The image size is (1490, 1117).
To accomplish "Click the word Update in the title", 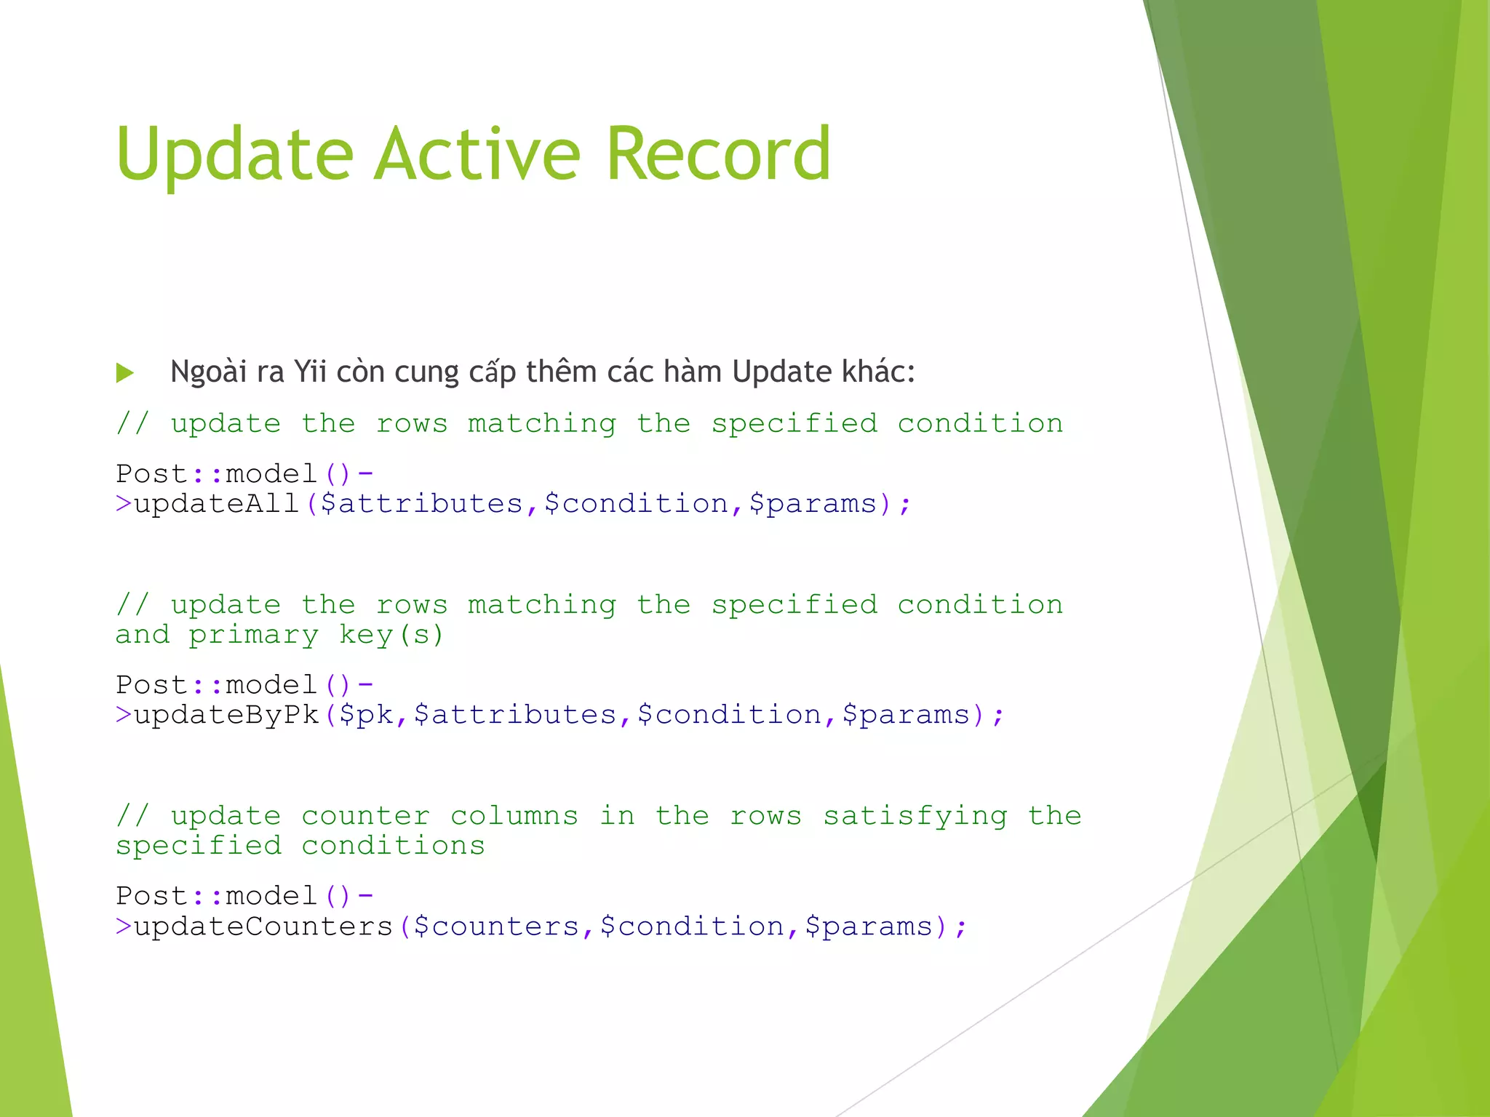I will click(x=234, y=154).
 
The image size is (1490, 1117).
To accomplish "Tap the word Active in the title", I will click(x=477, y=154).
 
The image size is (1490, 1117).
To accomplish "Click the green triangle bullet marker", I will click(x=125, y=373).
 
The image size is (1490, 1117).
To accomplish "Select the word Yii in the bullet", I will click(x=310, y=372).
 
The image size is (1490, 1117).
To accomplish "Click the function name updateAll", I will click(x=217, y=504).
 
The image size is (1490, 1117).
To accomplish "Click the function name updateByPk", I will click(x=226, y=715).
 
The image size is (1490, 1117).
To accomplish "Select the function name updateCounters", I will click(x=263, y=926).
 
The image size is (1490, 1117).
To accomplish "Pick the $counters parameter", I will click(x=496, y=926).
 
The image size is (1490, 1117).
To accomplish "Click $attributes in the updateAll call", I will click(x=422, y=504).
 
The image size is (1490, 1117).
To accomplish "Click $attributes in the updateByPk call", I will click(x=515, y=715).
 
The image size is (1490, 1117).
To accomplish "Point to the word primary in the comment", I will click(x=254, y=636).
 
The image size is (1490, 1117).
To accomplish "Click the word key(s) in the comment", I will click(x=391, y=636).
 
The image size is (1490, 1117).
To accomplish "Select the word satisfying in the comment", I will click(x=915, y=817).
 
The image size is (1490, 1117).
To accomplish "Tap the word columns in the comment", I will click(x=514, y=817).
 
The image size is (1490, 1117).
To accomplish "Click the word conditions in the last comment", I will click(x=393, y=846).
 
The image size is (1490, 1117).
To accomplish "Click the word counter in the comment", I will click(x=366, y=817).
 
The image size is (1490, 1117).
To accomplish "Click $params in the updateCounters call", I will click(x=869, y=926).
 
